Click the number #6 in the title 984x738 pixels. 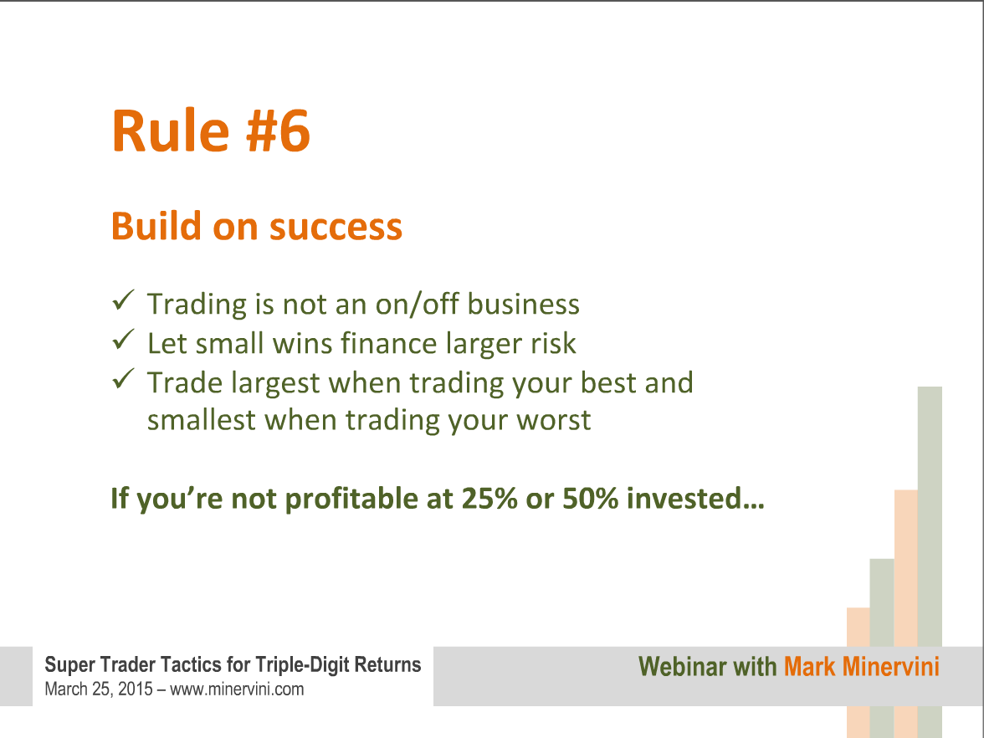(x=278, y=131)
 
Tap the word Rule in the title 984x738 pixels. (x=171, y=131)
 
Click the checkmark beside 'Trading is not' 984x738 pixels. (x=124, y=300)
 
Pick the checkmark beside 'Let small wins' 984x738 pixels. (x=124, y=340)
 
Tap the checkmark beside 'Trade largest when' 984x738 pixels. (x=124, y=378)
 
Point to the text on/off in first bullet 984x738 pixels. (x=418, y=304)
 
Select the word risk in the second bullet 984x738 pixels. (x=554, y=343)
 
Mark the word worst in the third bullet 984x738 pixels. (x=554, y=420)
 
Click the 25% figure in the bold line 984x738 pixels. (x=489, y=499)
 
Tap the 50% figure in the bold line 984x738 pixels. (x=591, y=499)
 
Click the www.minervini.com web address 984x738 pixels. (x=237, y=689)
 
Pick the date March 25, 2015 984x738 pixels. (x=99, y=689)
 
